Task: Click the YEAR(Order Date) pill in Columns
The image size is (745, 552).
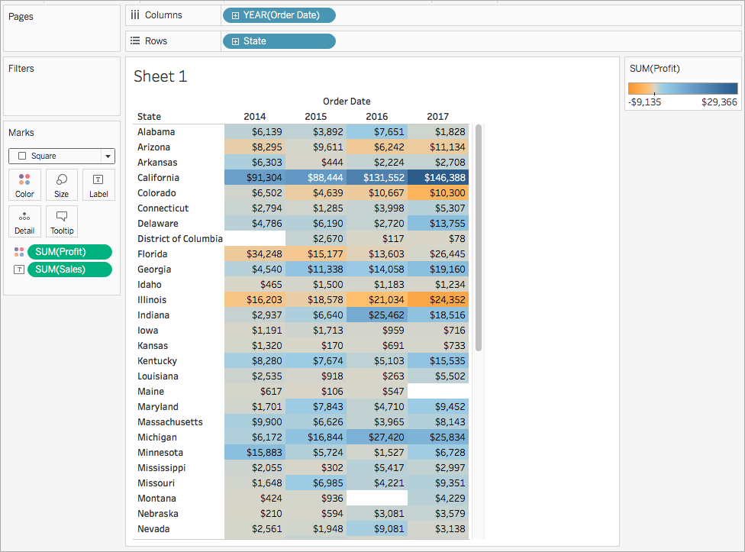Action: tap(279, 15)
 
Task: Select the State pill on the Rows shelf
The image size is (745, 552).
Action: tap(279, 41)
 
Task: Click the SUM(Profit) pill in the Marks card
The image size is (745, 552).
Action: tap(69, 252)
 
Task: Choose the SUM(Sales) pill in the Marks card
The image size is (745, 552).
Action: tap(69, 269)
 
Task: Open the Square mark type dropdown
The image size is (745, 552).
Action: tap(108, 157)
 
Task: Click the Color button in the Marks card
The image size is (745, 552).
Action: tap(24, 185)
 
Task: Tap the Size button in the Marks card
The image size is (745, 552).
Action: tap(61, 185)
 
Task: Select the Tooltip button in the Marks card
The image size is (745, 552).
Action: tap(61, 221)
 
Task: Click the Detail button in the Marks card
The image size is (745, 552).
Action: tap(24, 221)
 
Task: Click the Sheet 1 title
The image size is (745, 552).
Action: tap(160, 76)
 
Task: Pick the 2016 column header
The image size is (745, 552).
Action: tap(376, 117)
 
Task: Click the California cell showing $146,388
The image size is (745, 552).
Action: tap(438, 178)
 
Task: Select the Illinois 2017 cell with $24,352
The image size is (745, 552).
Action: tap(438, 300)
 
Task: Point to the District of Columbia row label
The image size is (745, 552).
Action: tap(180, 239)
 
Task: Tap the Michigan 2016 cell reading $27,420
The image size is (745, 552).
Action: tap(377, 437)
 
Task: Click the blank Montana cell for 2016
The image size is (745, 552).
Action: tap(377, 499)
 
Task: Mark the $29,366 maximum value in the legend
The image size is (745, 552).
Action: tap(719, 102)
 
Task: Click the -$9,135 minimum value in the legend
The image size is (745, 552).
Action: tap(645, 102)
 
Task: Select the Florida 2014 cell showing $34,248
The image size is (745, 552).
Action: tap(255, 254)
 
